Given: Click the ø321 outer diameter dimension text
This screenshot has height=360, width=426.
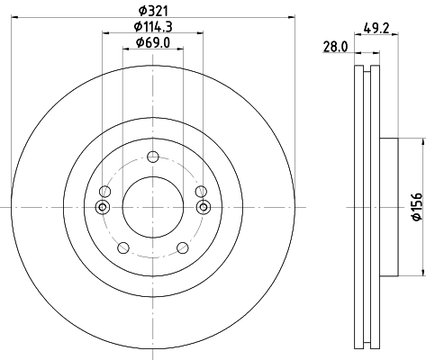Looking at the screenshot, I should click(152, 10).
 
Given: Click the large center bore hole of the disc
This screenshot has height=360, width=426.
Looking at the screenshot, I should click(151, 208).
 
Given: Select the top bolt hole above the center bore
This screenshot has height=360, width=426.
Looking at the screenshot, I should click(152, 156).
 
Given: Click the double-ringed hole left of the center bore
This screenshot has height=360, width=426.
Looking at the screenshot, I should click(102, 208).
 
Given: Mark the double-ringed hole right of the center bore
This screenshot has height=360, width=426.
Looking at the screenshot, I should click(202, 208).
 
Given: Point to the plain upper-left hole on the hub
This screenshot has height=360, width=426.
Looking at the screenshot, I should click(105, 191).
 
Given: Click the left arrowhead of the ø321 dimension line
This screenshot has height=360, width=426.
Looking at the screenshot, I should click(10, 16).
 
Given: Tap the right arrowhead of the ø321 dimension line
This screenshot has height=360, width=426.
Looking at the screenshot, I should click(293, 16).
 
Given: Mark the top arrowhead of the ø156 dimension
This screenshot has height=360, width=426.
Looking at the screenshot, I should click(421, 139).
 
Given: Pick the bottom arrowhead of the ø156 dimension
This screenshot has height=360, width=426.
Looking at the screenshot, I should click(421, 275).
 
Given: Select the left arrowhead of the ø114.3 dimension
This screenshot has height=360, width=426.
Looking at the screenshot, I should click(105, 33).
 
